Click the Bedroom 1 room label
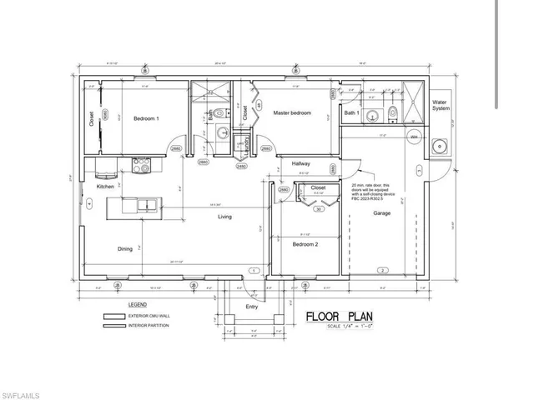146,118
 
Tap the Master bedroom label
292,112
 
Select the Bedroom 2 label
305,244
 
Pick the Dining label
124,247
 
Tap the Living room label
225,217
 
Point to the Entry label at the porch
251,306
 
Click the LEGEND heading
138,305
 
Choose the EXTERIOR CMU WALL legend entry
145,317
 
